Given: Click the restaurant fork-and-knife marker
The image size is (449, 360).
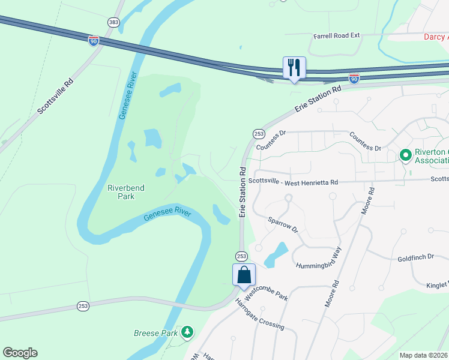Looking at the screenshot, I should tap(294, 67).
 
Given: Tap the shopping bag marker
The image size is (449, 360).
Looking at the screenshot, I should tap(244, 275).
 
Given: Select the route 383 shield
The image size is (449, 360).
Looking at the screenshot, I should tap(113, 22).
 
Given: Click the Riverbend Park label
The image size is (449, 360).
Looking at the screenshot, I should tap(125, 192).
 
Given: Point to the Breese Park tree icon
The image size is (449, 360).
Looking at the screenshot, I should tap(188, 331).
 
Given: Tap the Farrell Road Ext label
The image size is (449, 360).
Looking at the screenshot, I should tap(337, 35).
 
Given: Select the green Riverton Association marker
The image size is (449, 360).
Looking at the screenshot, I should tap(405, 155).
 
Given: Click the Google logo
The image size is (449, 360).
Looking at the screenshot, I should tap(20, 353).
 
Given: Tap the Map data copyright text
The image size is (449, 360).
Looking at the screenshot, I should tap(424, 355).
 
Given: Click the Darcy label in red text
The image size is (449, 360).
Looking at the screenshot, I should tap(436, 37).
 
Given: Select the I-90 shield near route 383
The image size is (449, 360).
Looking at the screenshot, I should tap(93, 40).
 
